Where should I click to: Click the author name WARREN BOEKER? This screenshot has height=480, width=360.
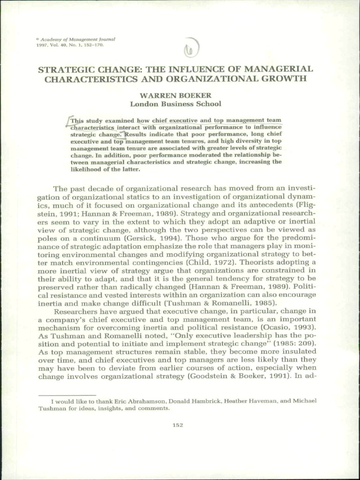click(176, 95)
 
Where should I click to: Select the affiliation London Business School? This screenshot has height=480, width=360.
click(176, 104)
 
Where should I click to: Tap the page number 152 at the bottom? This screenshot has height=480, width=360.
click(178, 425)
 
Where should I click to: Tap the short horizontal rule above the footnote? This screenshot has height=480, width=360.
click(67, 395)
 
